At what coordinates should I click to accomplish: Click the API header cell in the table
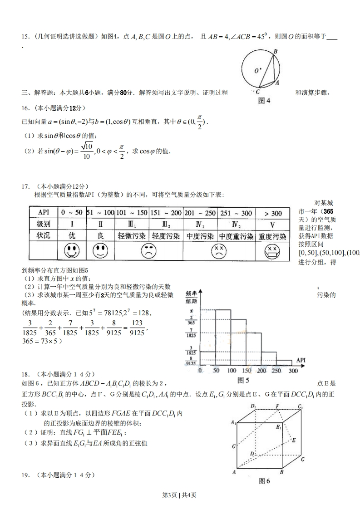coord(44,213)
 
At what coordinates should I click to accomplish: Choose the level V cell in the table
coord(273,225)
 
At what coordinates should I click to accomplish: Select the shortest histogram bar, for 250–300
coord(284,362)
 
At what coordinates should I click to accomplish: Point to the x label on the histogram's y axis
coord(192,310)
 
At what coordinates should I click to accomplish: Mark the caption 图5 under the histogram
coord(244,380)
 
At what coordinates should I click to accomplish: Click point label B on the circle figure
coord(275,52)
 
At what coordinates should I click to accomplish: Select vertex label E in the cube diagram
coord(294,440)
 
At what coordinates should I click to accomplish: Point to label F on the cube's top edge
coord(277,406)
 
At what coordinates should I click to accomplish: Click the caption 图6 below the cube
coord(264,481)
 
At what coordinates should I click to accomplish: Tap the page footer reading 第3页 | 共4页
coord(180,494)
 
